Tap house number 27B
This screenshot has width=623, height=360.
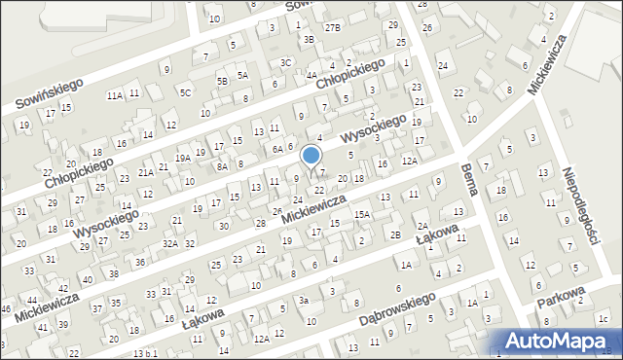[333, 27]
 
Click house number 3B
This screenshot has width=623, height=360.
[309, 40]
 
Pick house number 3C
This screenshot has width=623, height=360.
[285, 62]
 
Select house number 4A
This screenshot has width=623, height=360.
[311, 75]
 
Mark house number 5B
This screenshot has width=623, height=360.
[223, 80]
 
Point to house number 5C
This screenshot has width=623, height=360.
[185, 92]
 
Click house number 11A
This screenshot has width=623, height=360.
[115, 95]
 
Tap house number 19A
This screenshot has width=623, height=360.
[182, 158]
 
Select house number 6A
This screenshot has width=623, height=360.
[277, 149]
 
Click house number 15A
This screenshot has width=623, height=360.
[361, 214]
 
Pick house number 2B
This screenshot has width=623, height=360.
[395, 234]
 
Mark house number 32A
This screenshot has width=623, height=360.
[169, 244]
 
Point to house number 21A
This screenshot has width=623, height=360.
[144, 172]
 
